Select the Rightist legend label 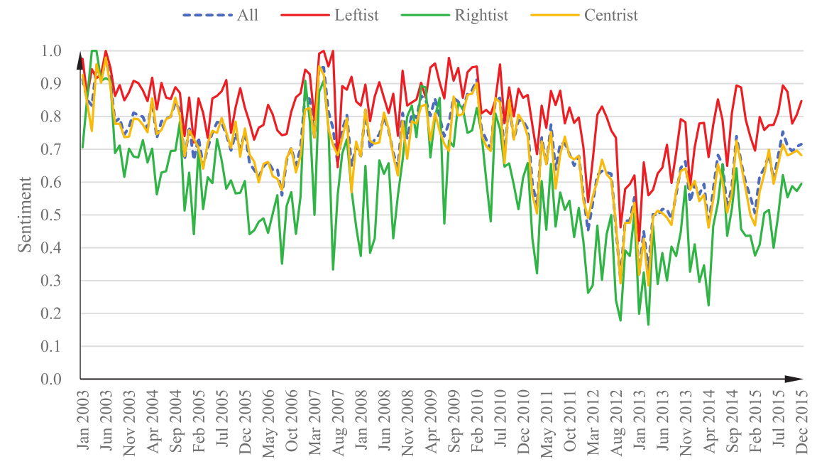click(481, 16)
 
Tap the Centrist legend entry click(611, 16)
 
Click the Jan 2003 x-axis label click(82, 419)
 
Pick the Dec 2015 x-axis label click(802, 419)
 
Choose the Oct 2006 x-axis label click(290, 419)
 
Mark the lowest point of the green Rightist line click(648, 325)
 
